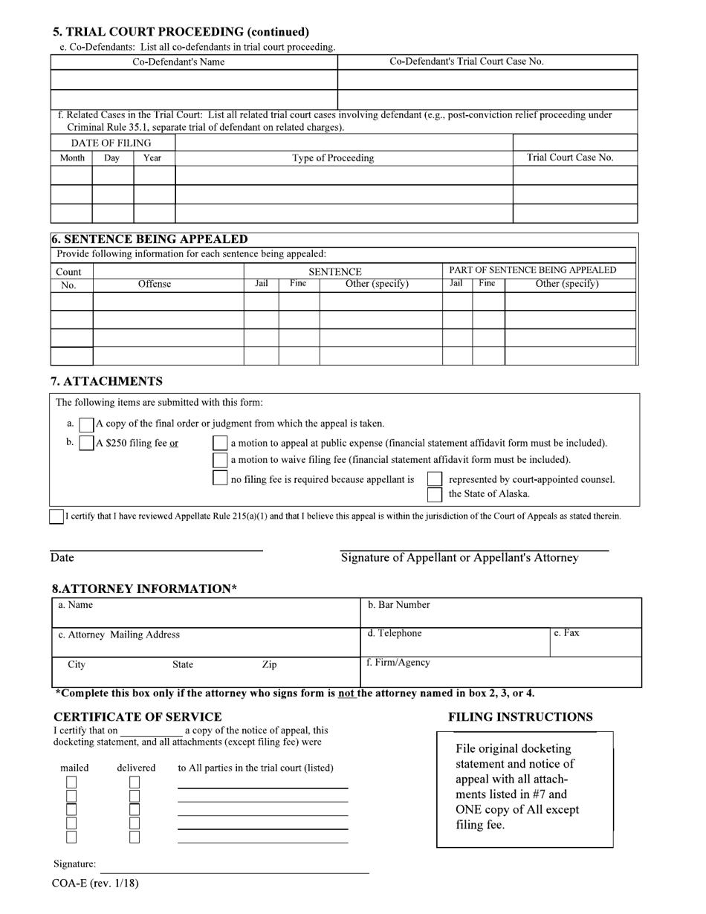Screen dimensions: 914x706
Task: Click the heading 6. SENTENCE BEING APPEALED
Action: [x=149, y=239]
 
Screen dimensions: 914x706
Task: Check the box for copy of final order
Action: [x=87, y=424]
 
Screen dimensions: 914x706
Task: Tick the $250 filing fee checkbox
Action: [x=87, y=444]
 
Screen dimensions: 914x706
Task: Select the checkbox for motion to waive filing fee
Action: [x=220, y=460]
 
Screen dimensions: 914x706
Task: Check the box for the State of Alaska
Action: [x=435, y=495]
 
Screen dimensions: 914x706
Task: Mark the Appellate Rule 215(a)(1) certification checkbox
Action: [x=56, y=516]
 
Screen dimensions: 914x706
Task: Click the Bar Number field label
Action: [x=399, y=605]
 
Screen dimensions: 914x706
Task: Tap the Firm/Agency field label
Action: [x=398, y=662]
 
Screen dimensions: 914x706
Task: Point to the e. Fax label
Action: [x=566, y=633]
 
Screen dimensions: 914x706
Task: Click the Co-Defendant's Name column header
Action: [x=178, y=62]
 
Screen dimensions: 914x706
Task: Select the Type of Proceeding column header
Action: [x=333, y=158]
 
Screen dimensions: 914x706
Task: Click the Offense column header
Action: [x=155, y=284]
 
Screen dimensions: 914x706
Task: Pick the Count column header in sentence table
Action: [x=68, y=272]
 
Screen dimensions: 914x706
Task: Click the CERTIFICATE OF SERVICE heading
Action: [x=137, y=717]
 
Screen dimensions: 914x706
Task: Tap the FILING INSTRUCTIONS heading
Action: [x=520, y=717]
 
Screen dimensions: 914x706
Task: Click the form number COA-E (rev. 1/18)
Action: [x=95, y=884]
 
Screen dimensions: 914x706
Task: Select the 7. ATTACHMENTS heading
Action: [x=106, y=381]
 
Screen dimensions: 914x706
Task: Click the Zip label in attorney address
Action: [x=269, y=664]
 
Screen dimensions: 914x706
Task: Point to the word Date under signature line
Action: [x=62, y=558]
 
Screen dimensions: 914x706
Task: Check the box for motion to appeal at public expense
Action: [x=220, y=444]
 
